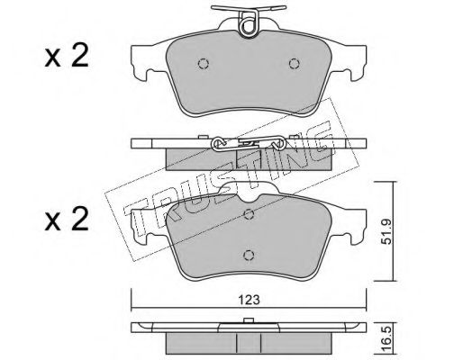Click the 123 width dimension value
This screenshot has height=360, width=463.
(249, 300)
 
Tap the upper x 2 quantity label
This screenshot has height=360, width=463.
(67, 56)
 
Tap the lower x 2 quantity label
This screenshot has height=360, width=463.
(67, 220)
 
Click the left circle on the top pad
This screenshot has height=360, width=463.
(204, 63)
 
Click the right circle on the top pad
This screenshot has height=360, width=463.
(294, 63)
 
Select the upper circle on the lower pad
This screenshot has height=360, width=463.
(249, 214)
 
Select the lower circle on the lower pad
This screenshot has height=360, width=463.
(249, 256)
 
